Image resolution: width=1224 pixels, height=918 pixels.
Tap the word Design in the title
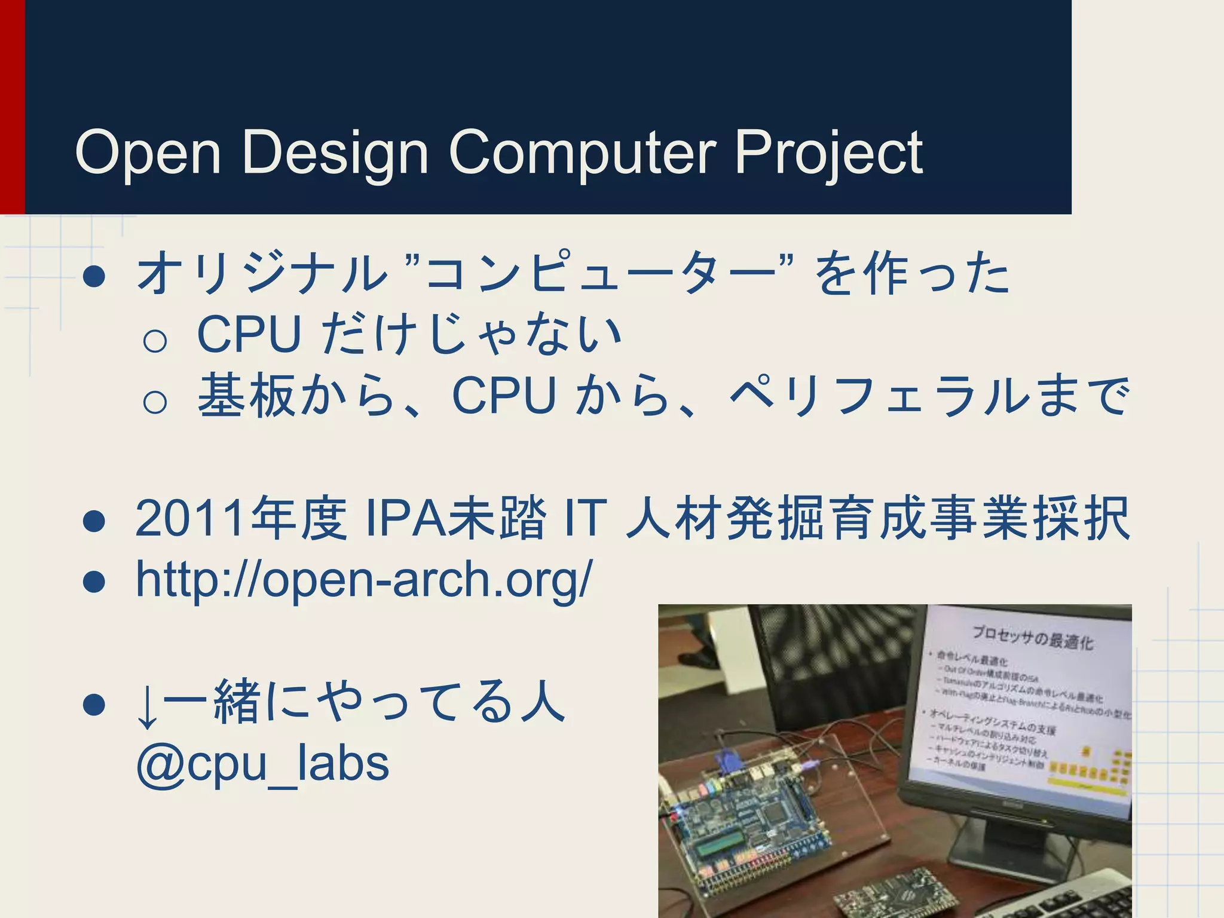[x=335, y=153]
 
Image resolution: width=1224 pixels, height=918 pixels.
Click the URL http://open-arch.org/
[x=363, y=579]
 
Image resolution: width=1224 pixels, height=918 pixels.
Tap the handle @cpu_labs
[x=263, y=763]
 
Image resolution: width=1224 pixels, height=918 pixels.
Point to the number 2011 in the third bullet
[x=190, y=518]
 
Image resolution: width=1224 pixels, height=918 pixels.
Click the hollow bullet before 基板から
[x=155, y=402]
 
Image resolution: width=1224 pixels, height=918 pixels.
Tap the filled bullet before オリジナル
[x=94, y=277]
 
